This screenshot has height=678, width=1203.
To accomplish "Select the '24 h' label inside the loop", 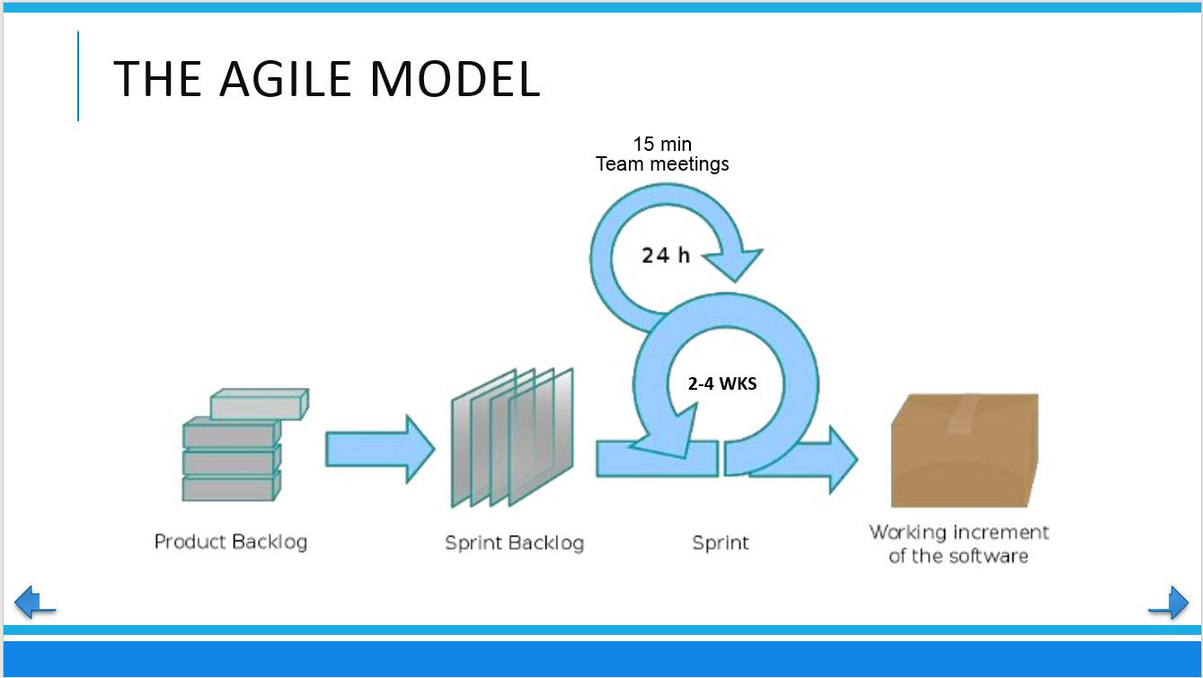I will (x=666, y=255).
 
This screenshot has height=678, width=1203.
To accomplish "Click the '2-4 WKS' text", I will (x=722, y=383).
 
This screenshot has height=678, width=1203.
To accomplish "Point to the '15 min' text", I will (x=662, y=144).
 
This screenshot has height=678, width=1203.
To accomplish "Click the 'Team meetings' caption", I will (x=662, y=163).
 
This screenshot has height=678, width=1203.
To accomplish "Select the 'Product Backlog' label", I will (x=231, y=542).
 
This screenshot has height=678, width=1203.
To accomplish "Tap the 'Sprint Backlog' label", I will (x=514, y=542).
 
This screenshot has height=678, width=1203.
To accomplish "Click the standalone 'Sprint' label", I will (x=721, y=542).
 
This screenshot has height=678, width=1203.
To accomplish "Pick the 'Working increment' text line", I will (x=959, y=532).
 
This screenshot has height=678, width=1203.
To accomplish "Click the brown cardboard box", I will (x=964, y=453).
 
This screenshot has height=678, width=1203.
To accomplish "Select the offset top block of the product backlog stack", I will (x=259, y=404).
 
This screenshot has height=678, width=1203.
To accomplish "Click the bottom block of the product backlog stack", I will (x=231, y=488).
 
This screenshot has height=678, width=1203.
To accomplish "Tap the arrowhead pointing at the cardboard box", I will (x=840, y=459).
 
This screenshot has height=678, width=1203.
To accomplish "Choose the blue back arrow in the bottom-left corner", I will (x=35, y=602).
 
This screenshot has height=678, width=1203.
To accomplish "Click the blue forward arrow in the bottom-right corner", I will (x=1169, y=602).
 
